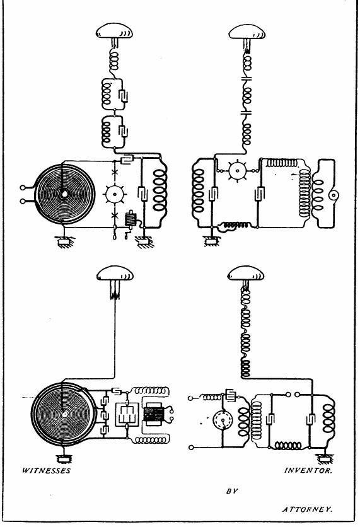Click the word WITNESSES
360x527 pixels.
point(46,470)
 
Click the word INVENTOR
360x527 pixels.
point(308,470)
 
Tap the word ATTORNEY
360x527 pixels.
point(307,509)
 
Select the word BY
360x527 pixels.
point(232,491)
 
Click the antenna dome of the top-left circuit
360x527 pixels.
point(114,31)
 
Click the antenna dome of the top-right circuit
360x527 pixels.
point(247,32)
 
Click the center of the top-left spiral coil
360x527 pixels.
point(64,194)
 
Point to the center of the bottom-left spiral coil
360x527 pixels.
point(64,414)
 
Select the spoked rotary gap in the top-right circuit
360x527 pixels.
point(237,170)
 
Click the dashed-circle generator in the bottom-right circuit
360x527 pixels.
point(223,419)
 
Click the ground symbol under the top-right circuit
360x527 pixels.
point(212,241)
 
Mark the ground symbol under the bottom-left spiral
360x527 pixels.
point(62,458)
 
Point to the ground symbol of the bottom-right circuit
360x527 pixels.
point(324,458)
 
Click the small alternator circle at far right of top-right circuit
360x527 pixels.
point(334,195)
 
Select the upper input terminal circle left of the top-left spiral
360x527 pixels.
point(23,188)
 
